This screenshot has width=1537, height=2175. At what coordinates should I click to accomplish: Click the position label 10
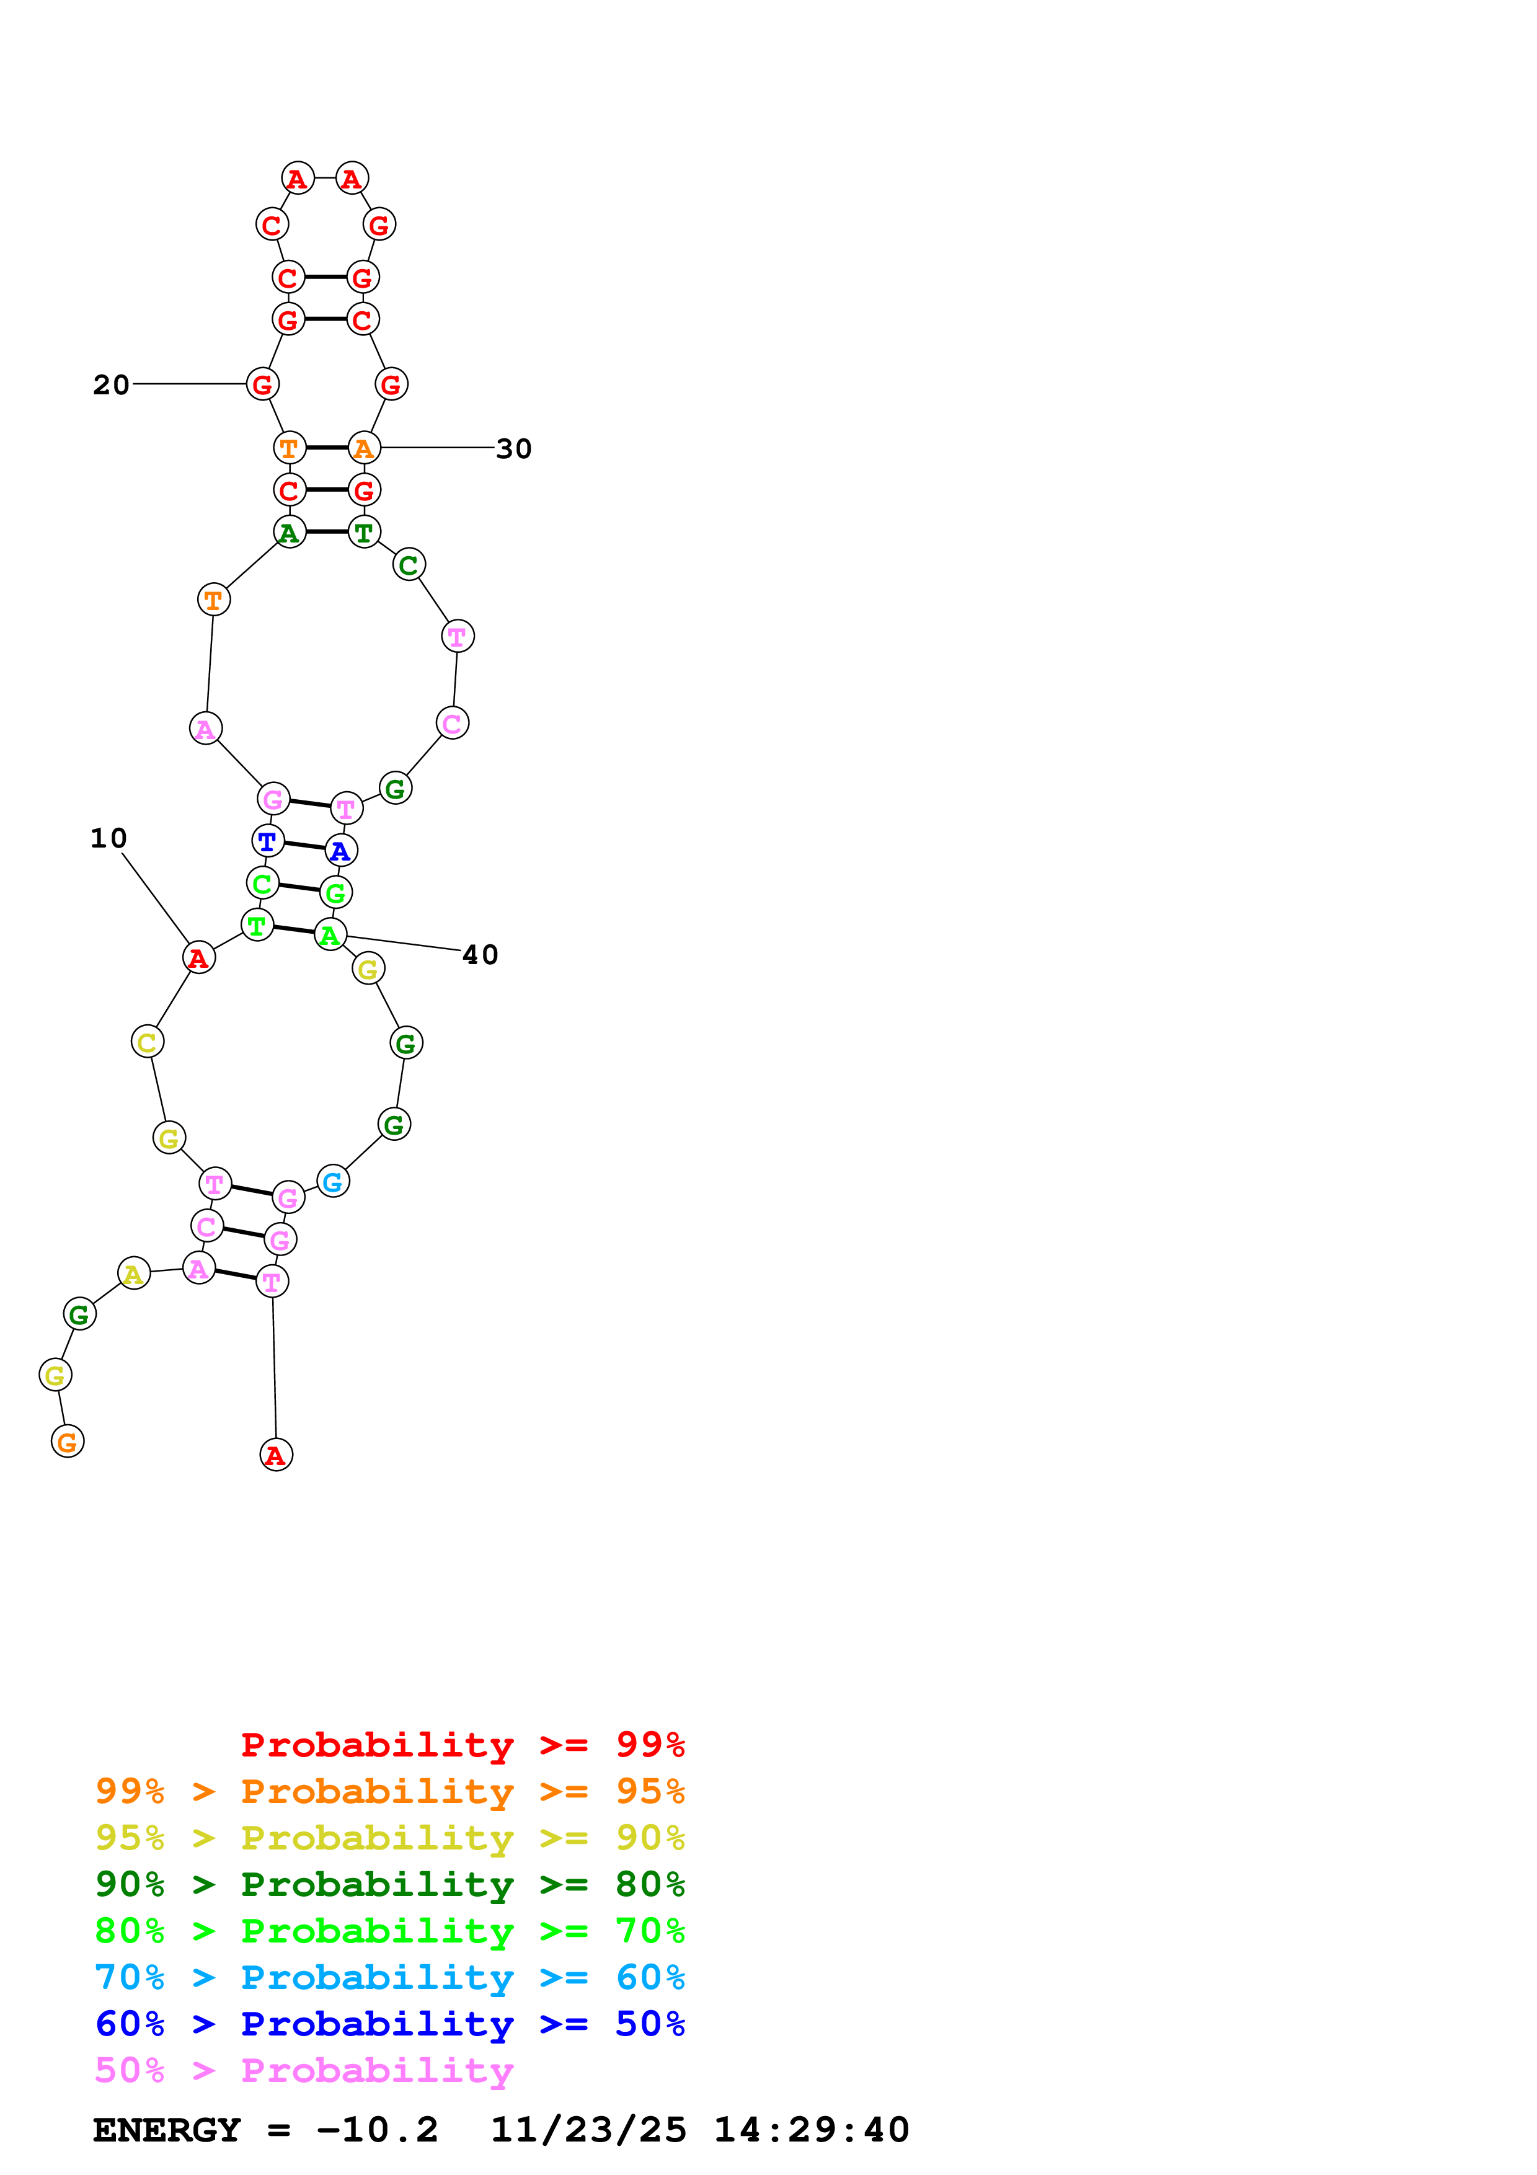pos(108,838)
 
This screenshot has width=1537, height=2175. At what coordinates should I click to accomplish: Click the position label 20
pos(111,384)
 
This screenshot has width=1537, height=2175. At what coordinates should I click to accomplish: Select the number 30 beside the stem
pos(513,448)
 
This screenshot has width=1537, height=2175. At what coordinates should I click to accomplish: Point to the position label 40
pos(480,954)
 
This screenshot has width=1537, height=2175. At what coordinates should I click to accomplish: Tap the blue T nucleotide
pos(268,840)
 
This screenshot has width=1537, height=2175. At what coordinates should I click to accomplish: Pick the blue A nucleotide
pos(341,851)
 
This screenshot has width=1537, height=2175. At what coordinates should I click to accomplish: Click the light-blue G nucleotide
pos(332,1181)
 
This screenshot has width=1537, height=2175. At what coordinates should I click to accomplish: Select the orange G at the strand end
pos(67,1442)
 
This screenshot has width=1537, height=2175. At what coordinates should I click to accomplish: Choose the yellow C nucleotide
pos(147,1042)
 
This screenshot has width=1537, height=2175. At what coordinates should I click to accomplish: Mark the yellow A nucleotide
pos(133,1274)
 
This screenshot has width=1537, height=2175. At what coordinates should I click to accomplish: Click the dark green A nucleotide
pos(290,533)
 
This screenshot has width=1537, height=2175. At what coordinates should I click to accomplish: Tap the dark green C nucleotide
pos(408,565)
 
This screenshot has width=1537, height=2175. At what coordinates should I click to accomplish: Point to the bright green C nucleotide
pos(262,883)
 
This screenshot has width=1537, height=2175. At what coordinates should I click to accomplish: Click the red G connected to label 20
pos(262,384)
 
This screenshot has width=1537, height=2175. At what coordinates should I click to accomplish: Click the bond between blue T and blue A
pos(304,845)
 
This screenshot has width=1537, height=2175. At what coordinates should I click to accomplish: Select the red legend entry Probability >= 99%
pos(462,1744)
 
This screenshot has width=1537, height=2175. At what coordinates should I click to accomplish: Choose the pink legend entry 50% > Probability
pos(304,2070)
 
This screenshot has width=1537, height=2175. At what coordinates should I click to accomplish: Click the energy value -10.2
pos(377,2130)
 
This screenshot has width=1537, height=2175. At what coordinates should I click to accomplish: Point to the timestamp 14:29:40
pos(810,2130)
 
